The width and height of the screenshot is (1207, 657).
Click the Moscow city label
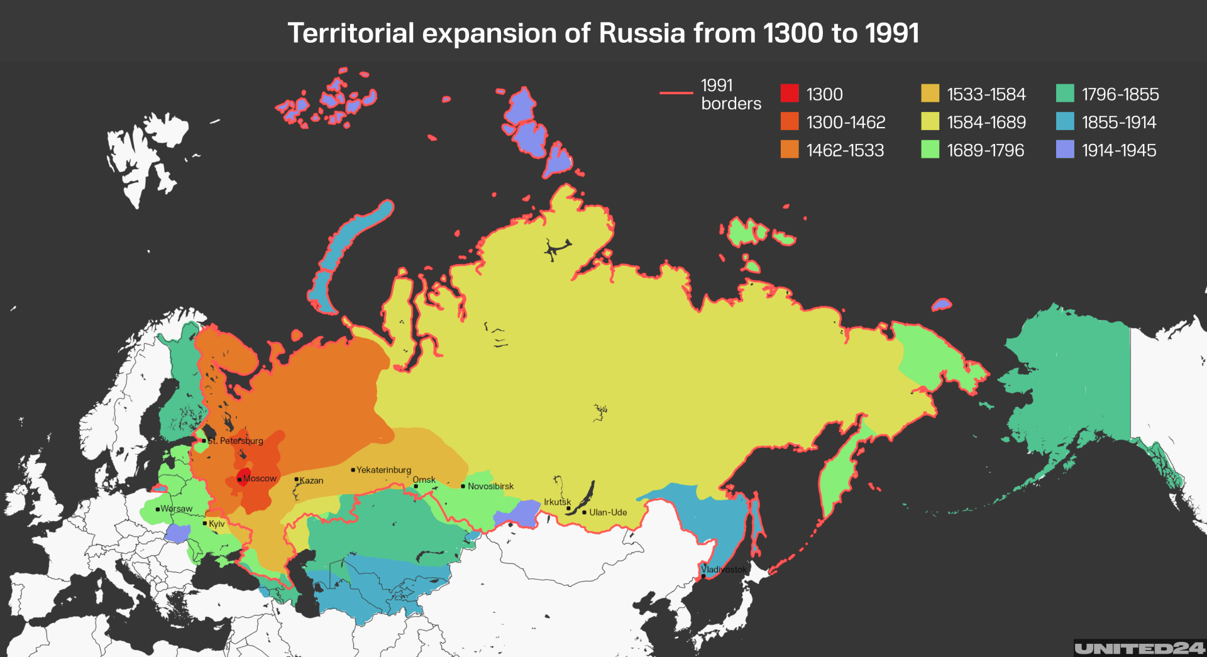(x=260, y=478)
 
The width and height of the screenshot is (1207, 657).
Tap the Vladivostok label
(x=724, y=570)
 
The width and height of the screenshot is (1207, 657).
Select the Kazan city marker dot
(x=297, y=479)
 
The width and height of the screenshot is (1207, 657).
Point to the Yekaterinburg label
(x=383, y=470)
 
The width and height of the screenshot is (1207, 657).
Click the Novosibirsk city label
(x=490, y=486)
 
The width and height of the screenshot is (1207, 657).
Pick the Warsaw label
(x=176, y=509)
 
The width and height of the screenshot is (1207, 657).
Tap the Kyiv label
(x=216, y=524)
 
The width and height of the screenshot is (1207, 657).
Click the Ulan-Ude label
(x=607, y=512)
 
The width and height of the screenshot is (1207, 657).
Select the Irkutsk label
(x=557, y=502)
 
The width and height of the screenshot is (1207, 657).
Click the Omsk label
(x=424, y=480)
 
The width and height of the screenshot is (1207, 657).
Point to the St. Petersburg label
(x=235, y=441)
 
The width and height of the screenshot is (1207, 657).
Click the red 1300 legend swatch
(x=790, y=94)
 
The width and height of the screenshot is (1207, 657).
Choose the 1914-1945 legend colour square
(x=1065, y=150)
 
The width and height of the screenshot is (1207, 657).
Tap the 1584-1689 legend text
(x=986, y=122)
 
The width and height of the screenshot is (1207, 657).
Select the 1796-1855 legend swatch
(x=1065, y=94)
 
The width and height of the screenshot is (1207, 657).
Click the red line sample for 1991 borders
(x=676, y=93)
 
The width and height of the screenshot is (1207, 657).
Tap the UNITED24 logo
(x=1138, y=648)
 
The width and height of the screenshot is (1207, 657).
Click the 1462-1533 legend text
(x=845, y=150)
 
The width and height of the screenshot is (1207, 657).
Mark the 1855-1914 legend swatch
(x=1065, y=122)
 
